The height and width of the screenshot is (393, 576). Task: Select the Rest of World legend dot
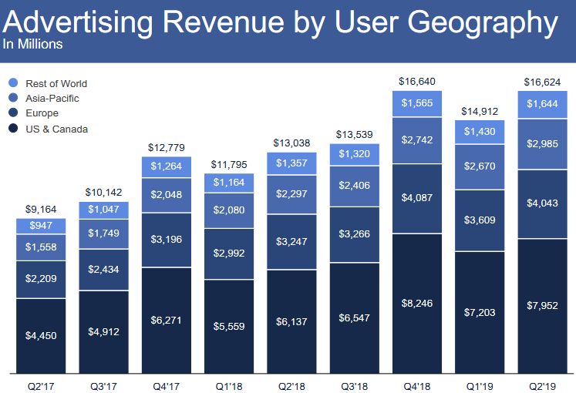click(x=13, y=83)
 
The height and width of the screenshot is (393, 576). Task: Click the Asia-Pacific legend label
click(x=52, y=99)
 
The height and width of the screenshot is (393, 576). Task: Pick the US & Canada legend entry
click(x=56, y=129)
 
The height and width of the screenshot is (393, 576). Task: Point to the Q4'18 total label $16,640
click(x=416, y=80)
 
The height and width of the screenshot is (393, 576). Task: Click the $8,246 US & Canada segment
click(x=416, y=304)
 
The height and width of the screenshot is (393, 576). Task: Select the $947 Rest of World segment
click(x=41, y=226)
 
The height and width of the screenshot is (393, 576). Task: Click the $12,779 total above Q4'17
click(x=167, y=147)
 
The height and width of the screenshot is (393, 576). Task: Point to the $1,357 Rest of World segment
click(x=292, y=163)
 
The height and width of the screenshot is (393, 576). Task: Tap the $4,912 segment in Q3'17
click(x=103, y=332)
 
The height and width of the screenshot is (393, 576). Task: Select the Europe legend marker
click(x=13, y=113)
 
